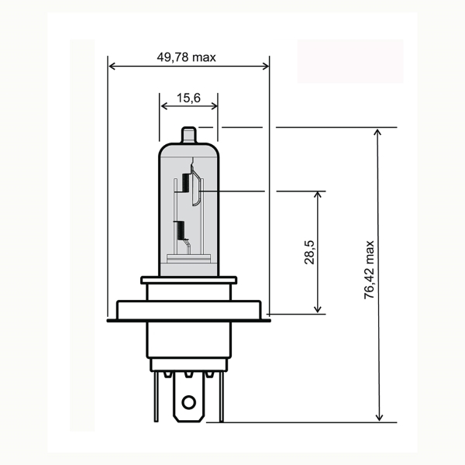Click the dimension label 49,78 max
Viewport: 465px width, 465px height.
[188, 57]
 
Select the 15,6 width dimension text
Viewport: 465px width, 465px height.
[188, 98]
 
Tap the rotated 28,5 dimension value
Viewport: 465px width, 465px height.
[309, 253]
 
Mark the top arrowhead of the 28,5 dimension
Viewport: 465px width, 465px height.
[319, 195]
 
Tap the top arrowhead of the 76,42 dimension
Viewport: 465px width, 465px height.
[378, 132]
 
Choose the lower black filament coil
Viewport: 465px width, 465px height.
[181, 230]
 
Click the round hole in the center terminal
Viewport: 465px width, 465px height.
[188, 402]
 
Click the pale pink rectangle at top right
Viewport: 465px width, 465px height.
[350, 61]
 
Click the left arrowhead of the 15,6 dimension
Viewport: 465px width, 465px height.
[162, 108]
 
